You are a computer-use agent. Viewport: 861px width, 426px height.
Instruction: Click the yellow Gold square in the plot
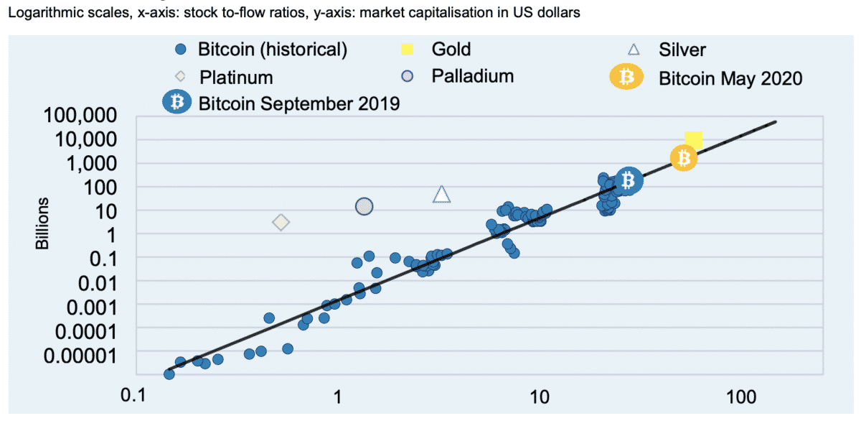[694, 140]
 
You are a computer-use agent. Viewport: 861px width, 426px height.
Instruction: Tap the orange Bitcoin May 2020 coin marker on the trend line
[684, 158]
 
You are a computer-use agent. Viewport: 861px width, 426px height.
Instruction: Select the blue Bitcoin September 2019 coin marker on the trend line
[629, 180]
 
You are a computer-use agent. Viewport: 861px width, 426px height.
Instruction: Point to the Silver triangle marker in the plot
[442, 194]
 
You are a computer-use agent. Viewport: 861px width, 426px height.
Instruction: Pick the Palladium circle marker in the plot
[364, 206]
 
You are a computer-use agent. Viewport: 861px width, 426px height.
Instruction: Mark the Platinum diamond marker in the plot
[281, 223]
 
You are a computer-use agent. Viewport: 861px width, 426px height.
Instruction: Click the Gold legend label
[451, 49]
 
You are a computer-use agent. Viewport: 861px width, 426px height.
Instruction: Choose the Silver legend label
[682, 50]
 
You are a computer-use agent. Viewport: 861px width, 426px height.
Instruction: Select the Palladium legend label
[472, 75]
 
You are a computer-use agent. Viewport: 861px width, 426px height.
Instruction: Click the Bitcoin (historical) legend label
[273, 50]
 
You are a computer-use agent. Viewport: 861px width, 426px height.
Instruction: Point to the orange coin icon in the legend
[627, 76]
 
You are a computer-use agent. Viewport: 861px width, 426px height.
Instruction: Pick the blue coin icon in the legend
[177, 103]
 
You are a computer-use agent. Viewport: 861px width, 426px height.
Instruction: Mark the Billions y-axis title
[43, 223]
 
